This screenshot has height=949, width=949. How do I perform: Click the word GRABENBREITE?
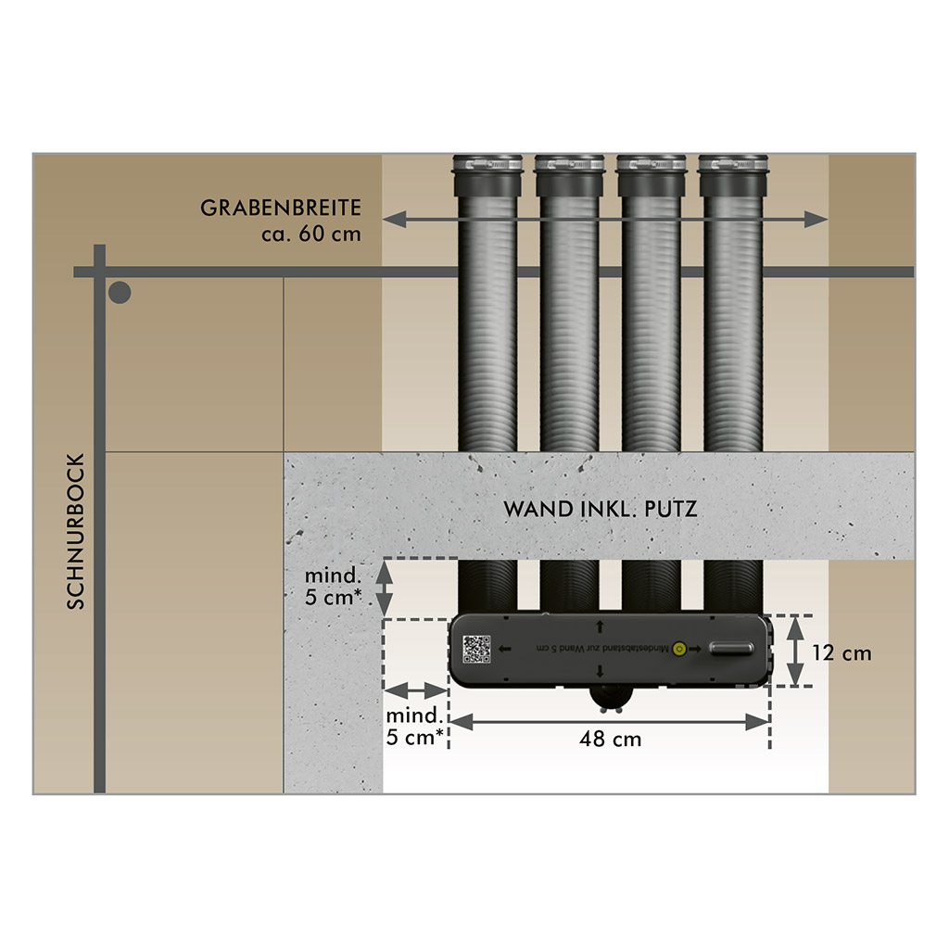coord(280,207)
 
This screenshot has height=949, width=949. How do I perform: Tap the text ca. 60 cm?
coord(310,234)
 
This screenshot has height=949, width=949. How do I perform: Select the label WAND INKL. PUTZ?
coord(600,509)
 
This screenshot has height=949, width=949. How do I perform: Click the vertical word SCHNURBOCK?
coord(76,531)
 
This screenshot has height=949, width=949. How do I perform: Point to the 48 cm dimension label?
coord(610,740)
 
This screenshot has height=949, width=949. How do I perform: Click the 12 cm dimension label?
coord(841,652)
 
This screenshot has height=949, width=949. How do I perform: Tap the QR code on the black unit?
coord(476,649)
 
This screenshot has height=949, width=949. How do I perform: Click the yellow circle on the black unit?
coord(679,650)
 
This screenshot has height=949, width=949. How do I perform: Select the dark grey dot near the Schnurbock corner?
coord(120,294)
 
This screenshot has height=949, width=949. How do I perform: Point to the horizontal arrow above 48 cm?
coord(610,720)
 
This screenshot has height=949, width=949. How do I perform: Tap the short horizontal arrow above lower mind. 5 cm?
coord(415,690)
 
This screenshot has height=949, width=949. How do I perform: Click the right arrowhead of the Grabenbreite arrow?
coord(816,220)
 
